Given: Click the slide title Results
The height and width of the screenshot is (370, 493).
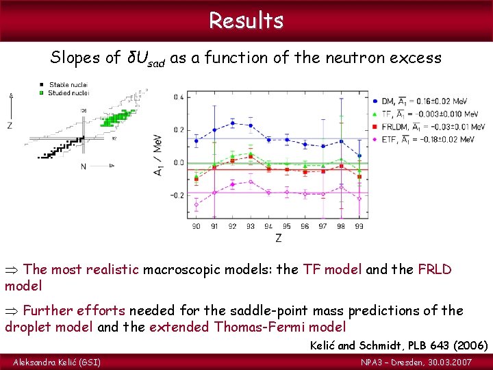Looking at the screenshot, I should pyautogui.click(x=246, y=21).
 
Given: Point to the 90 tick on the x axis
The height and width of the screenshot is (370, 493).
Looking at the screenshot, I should pyautogui.click(x=197, y=226).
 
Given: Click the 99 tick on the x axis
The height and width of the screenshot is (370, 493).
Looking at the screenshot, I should pyautogui.click(x=359, y=226).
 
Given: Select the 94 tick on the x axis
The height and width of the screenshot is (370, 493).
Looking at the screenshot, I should pyautogui.click(x=269, y=226).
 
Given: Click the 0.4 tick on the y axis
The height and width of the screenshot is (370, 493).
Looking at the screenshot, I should pyautogui.click(x=178, y=97).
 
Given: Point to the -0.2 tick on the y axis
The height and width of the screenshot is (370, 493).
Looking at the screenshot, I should pyautogui.click(x=177, y=195).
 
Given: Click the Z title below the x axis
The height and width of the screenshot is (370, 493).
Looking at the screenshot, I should pyautogui.click(x=278, y=238).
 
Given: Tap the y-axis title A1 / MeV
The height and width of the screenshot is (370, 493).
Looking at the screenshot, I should pyautogui.click(x=158, y=156).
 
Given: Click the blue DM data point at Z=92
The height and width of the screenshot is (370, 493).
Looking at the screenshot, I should pyautogui.click(x=233, y=123).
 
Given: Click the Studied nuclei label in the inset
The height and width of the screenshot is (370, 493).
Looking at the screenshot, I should pyautogui.click(x=69, y=92).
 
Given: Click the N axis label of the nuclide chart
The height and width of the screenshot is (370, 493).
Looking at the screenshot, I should pyautogui.click(x=84, y=166).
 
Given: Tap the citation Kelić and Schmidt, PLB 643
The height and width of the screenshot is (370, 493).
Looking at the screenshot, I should pyautogui.click(x=407, y=345).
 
